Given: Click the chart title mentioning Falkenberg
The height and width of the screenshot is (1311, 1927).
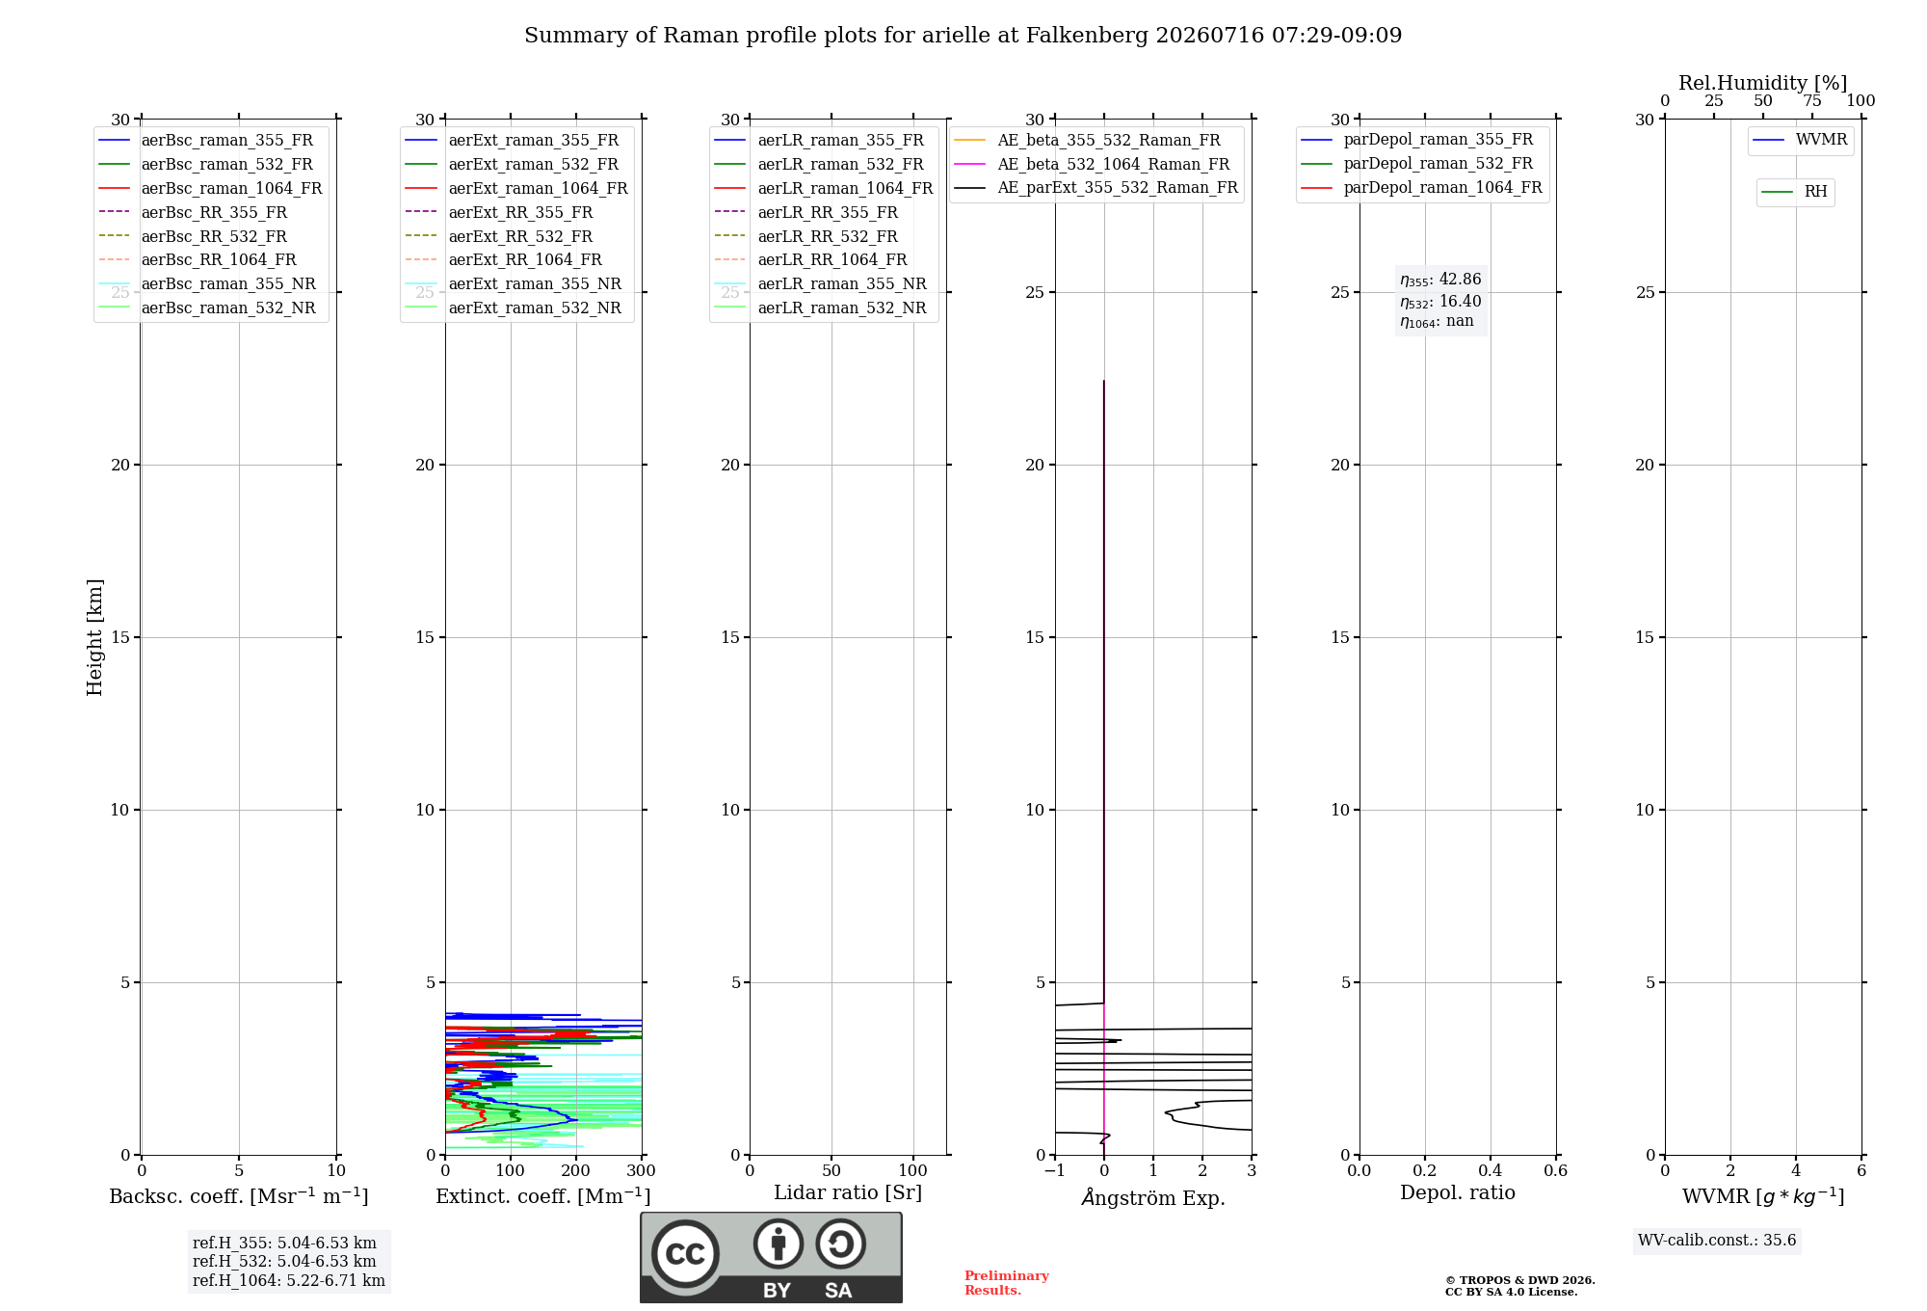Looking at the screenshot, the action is tap(963, 36).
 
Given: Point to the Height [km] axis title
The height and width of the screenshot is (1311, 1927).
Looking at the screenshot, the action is tap(94, 637).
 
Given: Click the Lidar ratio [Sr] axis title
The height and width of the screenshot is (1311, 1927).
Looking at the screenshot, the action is tap(848, 1192).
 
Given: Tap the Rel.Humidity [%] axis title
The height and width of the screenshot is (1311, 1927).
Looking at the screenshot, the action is tap(1762, 83).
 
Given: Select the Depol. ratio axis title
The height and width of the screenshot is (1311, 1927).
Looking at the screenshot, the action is tap(1457, 1192).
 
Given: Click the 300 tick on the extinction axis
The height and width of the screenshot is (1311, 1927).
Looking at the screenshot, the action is tap(641, 1171).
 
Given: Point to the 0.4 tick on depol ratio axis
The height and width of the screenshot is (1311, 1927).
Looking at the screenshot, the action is tap(1490, 1171).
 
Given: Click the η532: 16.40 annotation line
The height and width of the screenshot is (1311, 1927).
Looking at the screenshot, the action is tap(1440, 301).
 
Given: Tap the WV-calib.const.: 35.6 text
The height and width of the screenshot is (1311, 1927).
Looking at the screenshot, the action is tap(1717, 1241).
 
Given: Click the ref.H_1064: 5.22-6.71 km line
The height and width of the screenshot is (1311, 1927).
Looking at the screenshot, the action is tap(288, 1281).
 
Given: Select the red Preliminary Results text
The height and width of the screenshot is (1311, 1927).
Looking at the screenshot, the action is tap(1006, 1283).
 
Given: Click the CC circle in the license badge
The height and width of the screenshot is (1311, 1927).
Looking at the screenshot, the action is tap(685, 1254).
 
